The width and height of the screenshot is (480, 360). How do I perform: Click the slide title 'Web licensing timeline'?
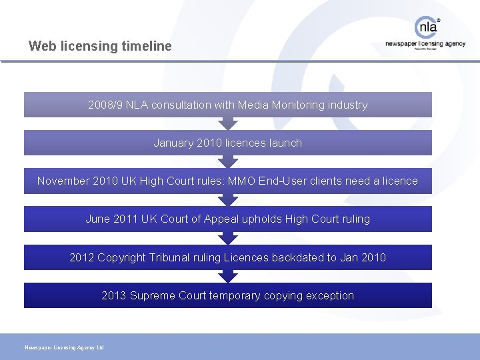pos(100,46)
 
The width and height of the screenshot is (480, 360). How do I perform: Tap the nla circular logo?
pos(427,27)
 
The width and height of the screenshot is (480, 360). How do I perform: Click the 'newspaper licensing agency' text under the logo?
pos(425,44)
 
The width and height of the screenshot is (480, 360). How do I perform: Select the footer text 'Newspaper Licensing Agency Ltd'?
pos(64,347)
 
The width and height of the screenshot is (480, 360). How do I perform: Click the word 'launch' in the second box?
pos(285,143)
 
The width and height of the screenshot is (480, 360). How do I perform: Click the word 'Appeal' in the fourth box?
pos(222,219)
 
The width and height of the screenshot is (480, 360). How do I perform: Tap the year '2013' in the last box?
pos(114,295)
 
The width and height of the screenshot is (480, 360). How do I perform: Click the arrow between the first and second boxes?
pos(228,123)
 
